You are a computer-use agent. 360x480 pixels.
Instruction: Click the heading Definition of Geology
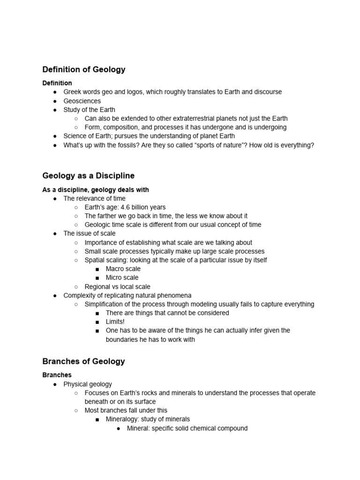click(x=84, y=70)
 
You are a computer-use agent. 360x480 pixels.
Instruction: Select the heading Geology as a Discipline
click(x=88, y=176)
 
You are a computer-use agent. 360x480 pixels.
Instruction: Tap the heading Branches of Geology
click(x=83, y=361)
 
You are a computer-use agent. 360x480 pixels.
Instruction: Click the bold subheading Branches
click(x=57, y=375)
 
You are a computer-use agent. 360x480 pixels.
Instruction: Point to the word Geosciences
click(x=82, y=101)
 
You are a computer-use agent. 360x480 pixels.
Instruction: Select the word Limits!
click(x=115, y=322)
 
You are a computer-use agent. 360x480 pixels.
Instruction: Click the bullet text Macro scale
click(x=123, y=269)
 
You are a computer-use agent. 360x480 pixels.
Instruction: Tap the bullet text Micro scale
click(x=122, y=277)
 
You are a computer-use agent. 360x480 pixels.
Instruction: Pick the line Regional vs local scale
click(x=117, y=286)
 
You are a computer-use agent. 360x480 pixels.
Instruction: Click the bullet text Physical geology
click(x=88, y=384)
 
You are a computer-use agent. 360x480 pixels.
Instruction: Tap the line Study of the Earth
click(x=89, y=110)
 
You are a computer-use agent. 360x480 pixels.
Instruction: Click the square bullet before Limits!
click(x=97, y=322)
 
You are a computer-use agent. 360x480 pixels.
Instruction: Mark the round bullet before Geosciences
click(x=55, y=101)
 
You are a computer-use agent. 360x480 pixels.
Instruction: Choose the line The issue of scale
click(x=89, y=233)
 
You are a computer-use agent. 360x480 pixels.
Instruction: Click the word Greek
click(x=72, y=92)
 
